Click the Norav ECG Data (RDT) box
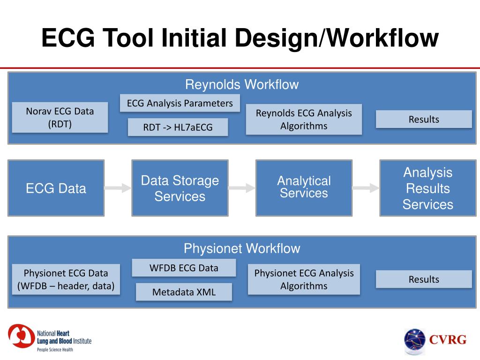60,117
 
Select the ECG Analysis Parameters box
180,103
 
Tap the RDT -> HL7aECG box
178,127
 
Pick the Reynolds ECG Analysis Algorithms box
303,119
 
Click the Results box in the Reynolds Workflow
423,119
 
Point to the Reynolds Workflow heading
241,85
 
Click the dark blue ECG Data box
56,188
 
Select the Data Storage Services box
180,188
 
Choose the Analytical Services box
303,188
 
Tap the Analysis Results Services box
427,188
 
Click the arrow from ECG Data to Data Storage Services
118,188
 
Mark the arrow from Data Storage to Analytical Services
242,188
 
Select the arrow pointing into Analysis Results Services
366,188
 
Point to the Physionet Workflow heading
241,248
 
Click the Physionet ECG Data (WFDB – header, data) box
66,279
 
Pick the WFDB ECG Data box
184,268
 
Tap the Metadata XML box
184,292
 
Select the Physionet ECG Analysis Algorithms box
303,279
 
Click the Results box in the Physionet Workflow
423,279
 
